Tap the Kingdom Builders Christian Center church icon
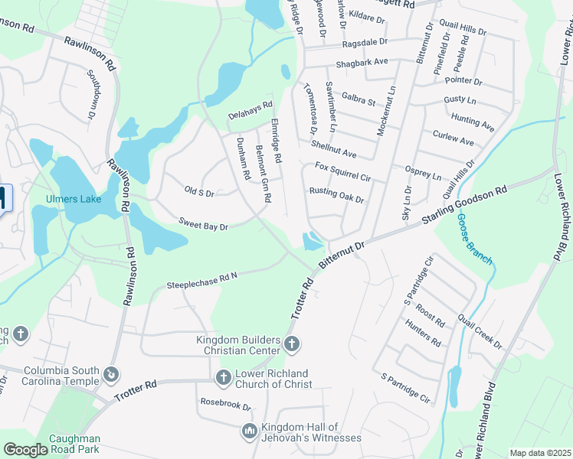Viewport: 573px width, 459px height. tap(290, 344)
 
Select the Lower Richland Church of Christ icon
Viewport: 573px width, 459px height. tap(223, 377)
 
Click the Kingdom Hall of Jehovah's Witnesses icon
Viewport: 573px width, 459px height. tap(249, 431)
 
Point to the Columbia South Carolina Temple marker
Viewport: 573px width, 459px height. tap(112, 375)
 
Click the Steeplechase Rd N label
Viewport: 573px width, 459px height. tap(203, 280)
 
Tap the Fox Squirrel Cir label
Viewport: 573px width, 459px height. tap(343, 172)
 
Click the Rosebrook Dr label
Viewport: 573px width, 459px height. tap(225, 405)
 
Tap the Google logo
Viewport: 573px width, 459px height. tap(26, 450)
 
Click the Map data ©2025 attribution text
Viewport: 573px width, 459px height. tap(540, 453)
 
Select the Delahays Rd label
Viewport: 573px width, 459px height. tap(250, 110)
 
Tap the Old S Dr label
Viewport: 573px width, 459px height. tap(199, 190)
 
